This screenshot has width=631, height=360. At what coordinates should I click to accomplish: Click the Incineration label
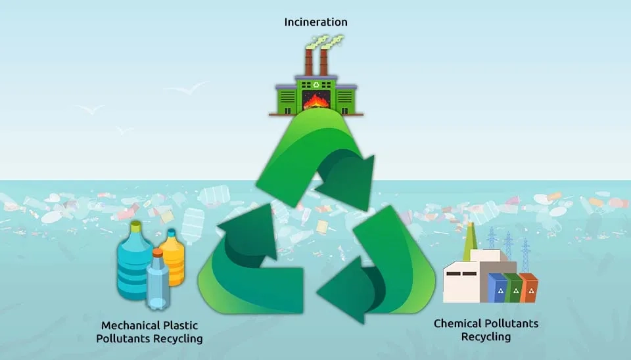coord(315,22)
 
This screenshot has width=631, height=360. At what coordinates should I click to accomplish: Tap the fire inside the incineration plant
coord(317,102)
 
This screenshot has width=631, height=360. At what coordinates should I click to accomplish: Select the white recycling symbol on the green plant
coord(315,85)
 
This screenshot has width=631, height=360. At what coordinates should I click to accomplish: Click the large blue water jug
coord(135,263)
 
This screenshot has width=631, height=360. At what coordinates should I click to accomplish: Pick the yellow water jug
coord(172,259)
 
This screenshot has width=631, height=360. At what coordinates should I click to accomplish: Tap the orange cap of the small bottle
coord(158,252)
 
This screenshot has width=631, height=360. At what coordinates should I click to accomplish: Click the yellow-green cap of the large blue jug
coord(135,227)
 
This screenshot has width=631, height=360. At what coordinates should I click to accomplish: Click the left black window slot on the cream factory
coord(452,273)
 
